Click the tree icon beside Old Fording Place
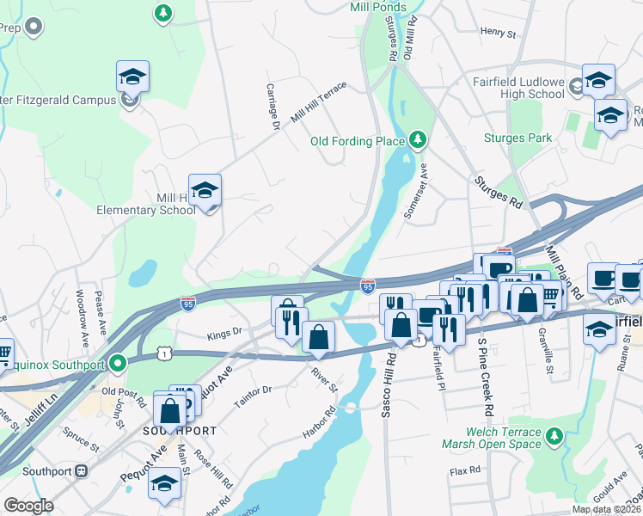(418, 140)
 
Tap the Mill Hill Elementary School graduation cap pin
(205, 191)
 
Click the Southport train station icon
(83, 470)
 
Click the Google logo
(28, 506)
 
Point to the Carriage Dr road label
(273, 107)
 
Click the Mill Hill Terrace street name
(319, 101)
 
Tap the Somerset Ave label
(421, 193)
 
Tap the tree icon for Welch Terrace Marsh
(556, 438)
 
